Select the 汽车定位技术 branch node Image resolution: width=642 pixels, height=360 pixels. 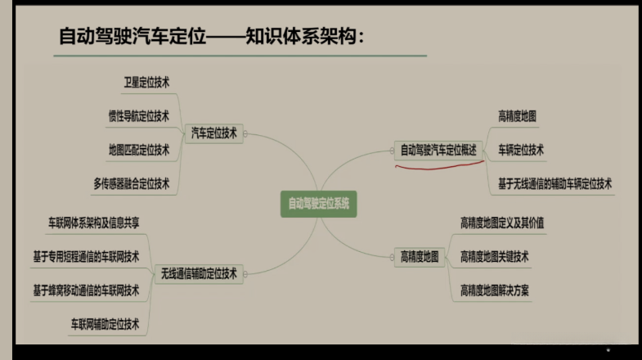(x=213, y=133)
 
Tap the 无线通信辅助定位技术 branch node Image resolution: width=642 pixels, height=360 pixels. (x=199, y=273)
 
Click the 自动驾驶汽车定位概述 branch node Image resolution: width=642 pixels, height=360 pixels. (x=438, y=150)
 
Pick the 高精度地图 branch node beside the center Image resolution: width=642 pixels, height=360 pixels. (x=420, y=257)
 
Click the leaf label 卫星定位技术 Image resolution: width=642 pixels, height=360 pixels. (x=146, y=83)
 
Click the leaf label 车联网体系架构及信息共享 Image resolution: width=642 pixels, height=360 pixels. (x=93, y=222)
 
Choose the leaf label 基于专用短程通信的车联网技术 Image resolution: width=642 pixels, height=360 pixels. (x=86, y=255)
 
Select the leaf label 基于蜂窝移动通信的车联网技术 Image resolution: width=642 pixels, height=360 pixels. (x=86, y=290)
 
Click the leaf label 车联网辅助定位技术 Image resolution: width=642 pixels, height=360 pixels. (x=105, y=324)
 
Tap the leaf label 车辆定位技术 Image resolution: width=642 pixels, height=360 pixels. (x=521, y=150)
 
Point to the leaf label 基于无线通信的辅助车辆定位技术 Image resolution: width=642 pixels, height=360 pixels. (x=554, y=183)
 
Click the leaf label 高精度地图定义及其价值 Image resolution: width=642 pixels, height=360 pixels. (x=502, y=223)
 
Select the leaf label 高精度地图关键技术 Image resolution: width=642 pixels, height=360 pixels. (x=494, y=257)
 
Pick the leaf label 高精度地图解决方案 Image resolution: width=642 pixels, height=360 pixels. (x=494, y=290)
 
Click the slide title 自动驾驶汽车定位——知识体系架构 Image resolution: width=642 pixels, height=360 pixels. (x=211, y=37)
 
